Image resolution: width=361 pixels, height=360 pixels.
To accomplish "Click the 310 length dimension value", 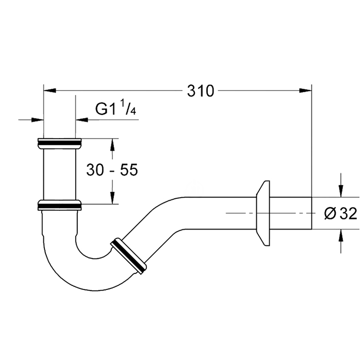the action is [x=201, y=91].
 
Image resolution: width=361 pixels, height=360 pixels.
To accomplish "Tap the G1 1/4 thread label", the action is [x=116, y=108].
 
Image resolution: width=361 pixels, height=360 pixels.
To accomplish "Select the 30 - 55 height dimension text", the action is [x=112, y=170].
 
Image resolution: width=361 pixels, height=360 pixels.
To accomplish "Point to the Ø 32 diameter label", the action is [x=340, y=213].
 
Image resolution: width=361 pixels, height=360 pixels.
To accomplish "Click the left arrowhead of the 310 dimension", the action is [x=50, y=90].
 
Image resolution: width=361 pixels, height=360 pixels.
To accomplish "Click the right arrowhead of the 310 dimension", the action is [x=305, y=90].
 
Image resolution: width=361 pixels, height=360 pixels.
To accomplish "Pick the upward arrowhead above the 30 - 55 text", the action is [x=112, y=145].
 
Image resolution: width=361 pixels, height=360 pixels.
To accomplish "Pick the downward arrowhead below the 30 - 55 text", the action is [x=112, y=198].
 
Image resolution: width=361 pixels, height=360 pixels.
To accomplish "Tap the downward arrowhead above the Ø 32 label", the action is [x=341, y=191].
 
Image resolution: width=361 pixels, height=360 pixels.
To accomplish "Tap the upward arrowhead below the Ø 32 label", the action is [x=341, y=235].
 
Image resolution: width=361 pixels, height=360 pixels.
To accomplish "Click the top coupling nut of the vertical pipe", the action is [x=59, y=144].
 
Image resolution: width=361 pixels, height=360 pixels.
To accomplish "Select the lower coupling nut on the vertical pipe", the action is [x=59, y=205].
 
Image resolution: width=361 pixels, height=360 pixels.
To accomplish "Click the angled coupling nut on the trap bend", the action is [x=128, y=256].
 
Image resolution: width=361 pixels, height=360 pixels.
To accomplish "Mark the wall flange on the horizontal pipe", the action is [x=263, y=213].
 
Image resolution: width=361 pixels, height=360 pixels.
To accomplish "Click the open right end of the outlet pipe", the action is [x=311, y=213].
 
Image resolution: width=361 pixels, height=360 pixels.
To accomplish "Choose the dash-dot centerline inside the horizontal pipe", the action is [x=269, y=213].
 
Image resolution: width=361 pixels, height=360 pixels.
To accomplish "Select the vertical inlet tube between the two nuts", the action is [x=59, y=174].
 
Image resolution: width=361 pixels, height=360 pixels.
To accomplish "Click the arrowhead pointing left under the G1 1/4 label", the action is [x=82, y=119].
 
